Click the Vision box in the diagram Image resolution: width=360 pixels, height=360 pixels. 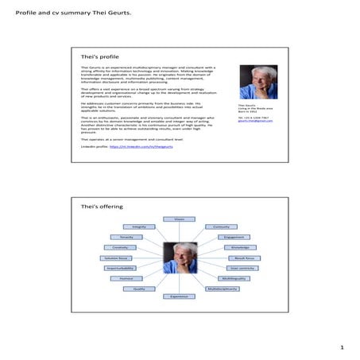[180, 218]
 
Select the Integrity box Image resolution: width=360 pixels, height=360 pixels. [138, 226]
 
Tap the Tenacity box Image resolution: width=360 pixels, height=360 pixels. [126, 237]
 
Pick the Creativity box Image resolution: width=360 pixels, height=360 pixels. [120, 247]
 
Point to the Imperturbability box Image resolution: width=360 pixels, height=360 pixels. [120, 269]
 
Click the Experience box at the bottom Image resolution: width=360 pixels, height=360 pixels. [180, 296]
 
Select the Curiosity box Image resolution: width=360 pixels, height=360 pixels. [222, 226]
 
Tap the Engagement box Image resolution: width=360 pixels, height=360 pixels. [234, 237]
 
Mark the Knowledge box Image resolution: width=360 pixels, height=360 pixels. [240, 247]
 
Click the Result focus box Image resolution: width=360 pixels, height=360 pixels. [244, 258]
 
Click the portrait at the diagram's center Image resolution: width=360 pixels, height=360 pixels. [180, 259]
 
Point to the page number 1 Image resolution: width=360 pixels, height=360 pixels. [341, 348]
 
